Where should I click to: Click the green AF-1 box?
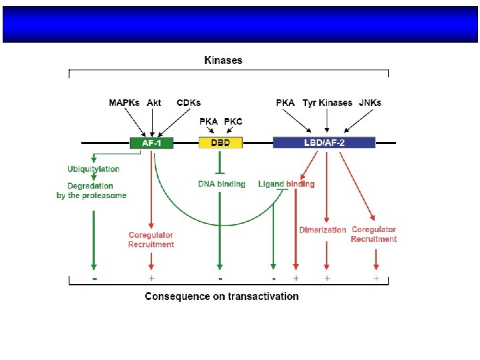coord(151,143)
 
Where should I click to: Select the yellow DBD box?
coord(221,143)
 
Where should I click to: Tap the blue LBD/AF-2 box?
coord(324,143)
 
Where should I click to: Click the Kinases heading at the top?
coord(223,61)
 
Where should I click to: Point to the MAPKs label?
coord(125,103)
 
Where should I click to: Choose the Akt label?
coord(154,103)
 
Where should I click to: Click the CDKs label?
coord(189,103)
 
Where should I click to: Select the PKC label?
coord(233,121)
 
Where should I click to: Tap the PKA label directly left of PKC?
coord(209,121)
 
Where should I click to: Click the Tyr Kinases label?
coord(327,103)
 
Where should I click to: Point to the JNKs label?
coord(370,103)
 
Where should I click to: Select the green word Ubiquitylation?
coord(93,169)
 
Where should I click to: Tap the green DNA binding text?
coord(222,184)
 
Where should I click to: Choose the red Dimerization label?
coord(323,230)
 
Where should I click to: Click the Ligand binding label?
coord(286,184)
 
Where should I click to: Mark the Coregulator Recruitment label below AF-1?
coord(151,239)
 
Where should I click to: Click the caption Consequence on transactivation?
coord(222,296)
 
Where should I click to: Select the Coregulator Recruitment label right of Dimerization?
coord(374,234)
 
